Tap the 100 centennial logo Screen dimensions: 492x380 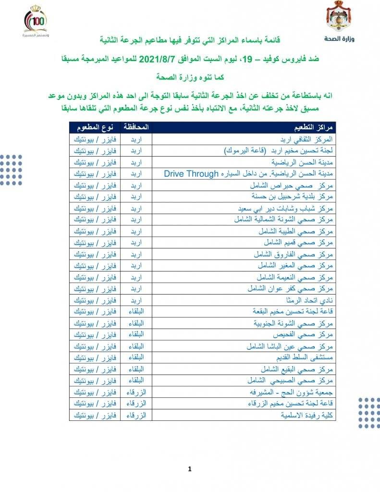point(36,22)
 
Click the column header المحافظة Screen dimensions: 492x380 point(136,127)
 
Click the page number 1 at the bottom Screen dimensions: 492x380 point(190,469)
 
